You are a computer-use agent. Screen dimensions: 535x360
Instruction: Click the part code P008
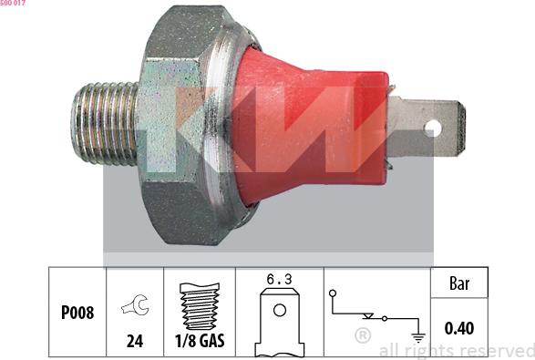pyautogui.click(x=77, y=313)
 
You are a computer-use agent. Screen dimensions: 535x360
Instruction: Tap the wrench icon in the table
pyautogui.click(x=136, y=304)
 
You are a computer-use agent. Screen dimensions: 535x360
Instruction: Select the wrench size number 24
pyautogui.click(x=135, y=341)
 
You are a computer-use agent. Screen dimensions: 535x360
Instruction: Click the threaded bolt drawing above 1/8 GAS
pyautogui.click(x=200, y=306)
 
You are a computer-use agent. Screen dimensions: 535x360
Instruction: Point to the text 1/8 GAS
pyautogui.click(x=200, y=341)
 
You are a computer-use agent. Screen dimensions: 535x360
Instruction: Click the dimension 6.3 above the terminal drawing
pyautogui.click(x=279, y=280)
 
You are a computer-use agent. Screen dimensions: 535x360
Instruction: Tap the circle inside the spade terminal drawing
pyautogui.click(x=280, y=311)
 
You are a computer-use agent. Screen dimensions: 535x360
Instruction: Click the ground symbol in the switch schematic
pyautogui.click(x=418, y=337)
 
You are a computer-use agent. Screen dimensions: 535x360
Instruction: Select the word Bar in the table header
pyautogui.click(x=459, y=283)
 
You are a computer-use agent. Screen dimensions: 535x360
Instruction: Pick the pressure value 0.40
pyautogui.click(x=459, y=328)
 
